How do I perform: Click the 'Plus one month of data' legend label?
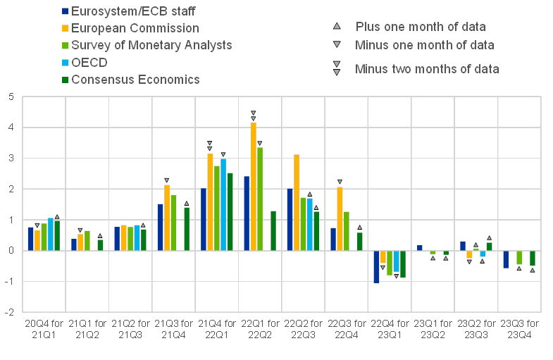coord(421,27)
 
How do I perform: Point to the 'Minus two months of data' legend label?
coord(428,68)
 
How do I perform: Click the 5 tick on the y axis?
coord(11,97)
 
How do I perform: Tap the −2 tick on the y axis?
coord(9,312)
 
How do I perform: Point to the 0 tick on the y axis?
coord(11,251)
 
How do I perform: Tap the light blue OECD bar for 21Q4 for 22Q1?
coord(223,204)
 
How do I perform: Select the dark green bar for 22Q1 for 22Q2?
coord(273,230)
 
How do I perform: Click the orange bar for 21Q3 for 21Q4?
coord(167,218)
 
